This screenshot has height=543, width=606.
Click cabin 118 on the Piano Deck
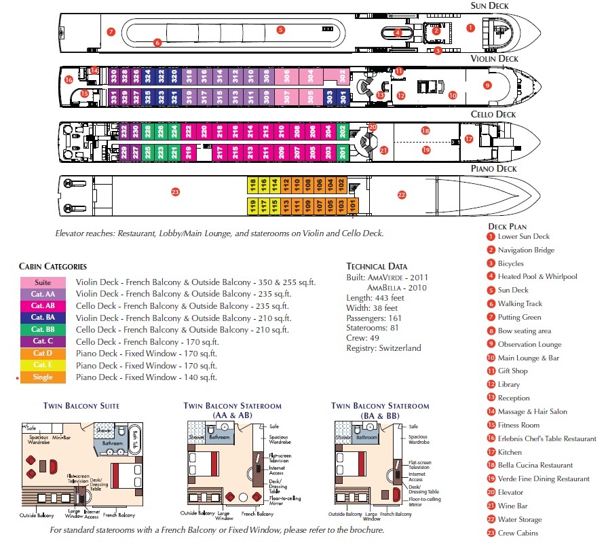[x=252, y=185]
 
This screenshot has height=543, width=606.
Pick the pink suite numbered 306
[x=287, y=76]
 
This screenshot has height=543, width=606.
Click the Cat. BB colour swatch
[x=43, y=329]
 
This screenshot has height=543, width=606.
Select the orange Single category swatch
[x=43, y=377]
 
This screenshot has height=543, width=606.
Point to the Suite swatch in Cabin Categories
[x=43, y=282]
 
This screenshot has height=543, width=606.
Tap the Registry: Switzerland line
[x=383, y=348]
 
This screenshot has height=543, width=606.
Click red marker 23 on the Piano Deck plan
[x=175, y=192]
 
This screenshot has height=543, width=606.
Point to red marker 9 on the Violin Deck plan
[x=487, y=85]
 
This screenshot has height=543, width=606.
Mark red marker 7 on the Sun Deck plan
[x=111, y=32]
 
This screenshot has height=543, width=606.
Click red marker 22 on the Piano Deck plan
[x=401, y=195]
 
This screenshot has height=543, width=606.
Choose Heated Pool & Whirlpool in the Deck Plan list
[x=537, y=276]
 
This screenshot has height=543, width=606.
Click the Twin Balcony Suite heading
[x=81, y=406]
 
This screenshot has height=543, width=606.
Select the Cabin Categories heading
[x=53, y=266]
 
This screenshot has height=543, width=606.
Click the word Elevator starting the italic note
[x=71, y=233]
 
